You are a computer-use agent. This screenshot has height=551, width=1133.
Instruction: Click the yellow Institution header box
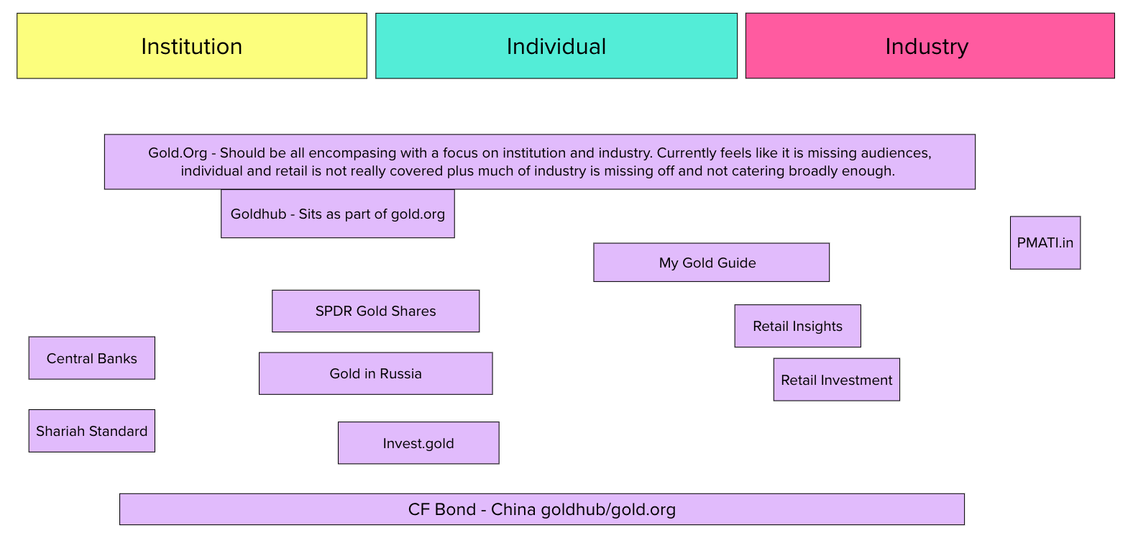(x=191, y=46)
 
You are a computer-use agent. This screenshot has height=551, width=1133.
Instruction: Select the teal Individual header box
(x=556, y=46)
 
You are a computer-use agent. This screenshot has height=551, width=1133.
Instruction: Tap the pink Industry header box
(x=930, y=46)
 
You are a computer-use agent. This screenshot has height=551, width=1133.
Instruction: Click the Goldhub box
(x=337, y=214)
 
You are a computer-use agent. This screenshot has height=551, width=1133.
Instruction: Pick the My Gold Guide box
(x=711, y=263)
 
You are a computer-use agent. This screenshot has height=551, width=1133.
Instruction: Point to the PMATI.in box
(x=1045, y=242)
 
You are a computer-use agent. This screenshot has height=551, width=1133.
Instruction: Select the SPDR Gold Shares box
(x=375, y=311)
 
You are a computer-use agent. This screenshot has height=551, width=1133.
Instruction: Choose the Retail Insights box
(x=797, y=326)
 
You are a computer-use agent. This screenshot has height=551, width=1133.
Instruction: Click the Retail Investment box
(x=836, y=380)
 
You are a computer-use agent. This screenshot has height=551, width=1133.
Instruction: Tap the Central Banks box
(x=91, y=358)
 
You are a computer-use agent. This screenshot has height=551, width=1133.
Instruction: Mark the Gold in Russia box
(x=375, y=373)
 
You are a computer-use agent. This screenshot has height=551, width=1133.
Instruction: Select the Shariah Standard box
(x=91, y=431)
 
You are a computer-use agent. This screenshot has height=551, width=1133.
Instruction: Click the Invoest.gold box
(x=418, y=443)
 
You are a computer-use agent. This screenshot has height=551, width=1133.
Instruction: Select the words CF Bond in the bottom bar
(x=441, y=509)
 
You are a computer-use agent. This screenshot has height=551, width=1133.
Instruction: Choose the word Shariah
(x=62, y=431)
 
